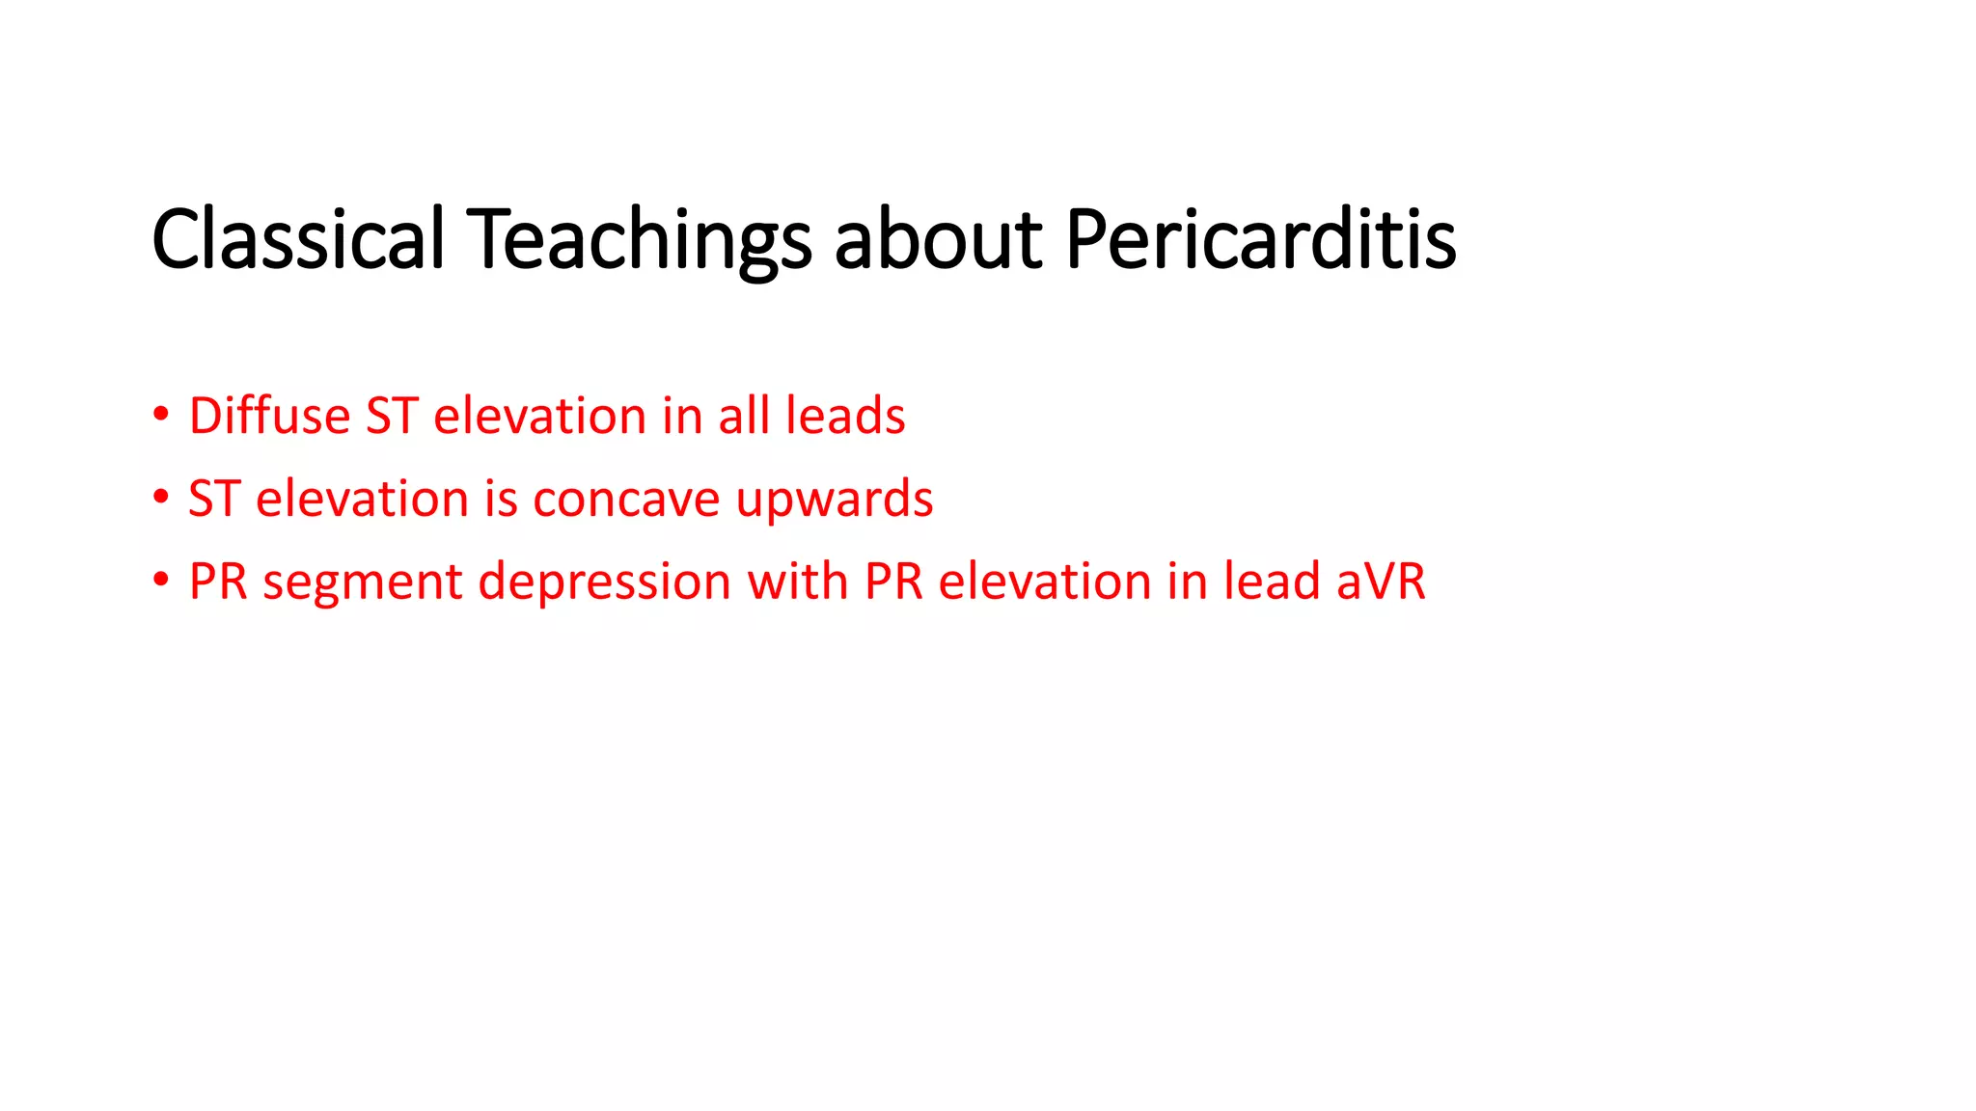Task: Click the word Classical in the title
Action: click(x=297, y=238)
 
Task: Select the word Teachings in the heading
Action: click(x=639, y=238)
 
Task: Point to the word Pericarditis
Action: click(x=1260, y=238)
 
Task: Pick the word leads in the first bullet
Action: click(x=845, y=416)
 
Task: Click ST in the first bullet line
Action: click(x=391, y=416)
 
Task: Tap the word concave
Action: click(x=625, y=499)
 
